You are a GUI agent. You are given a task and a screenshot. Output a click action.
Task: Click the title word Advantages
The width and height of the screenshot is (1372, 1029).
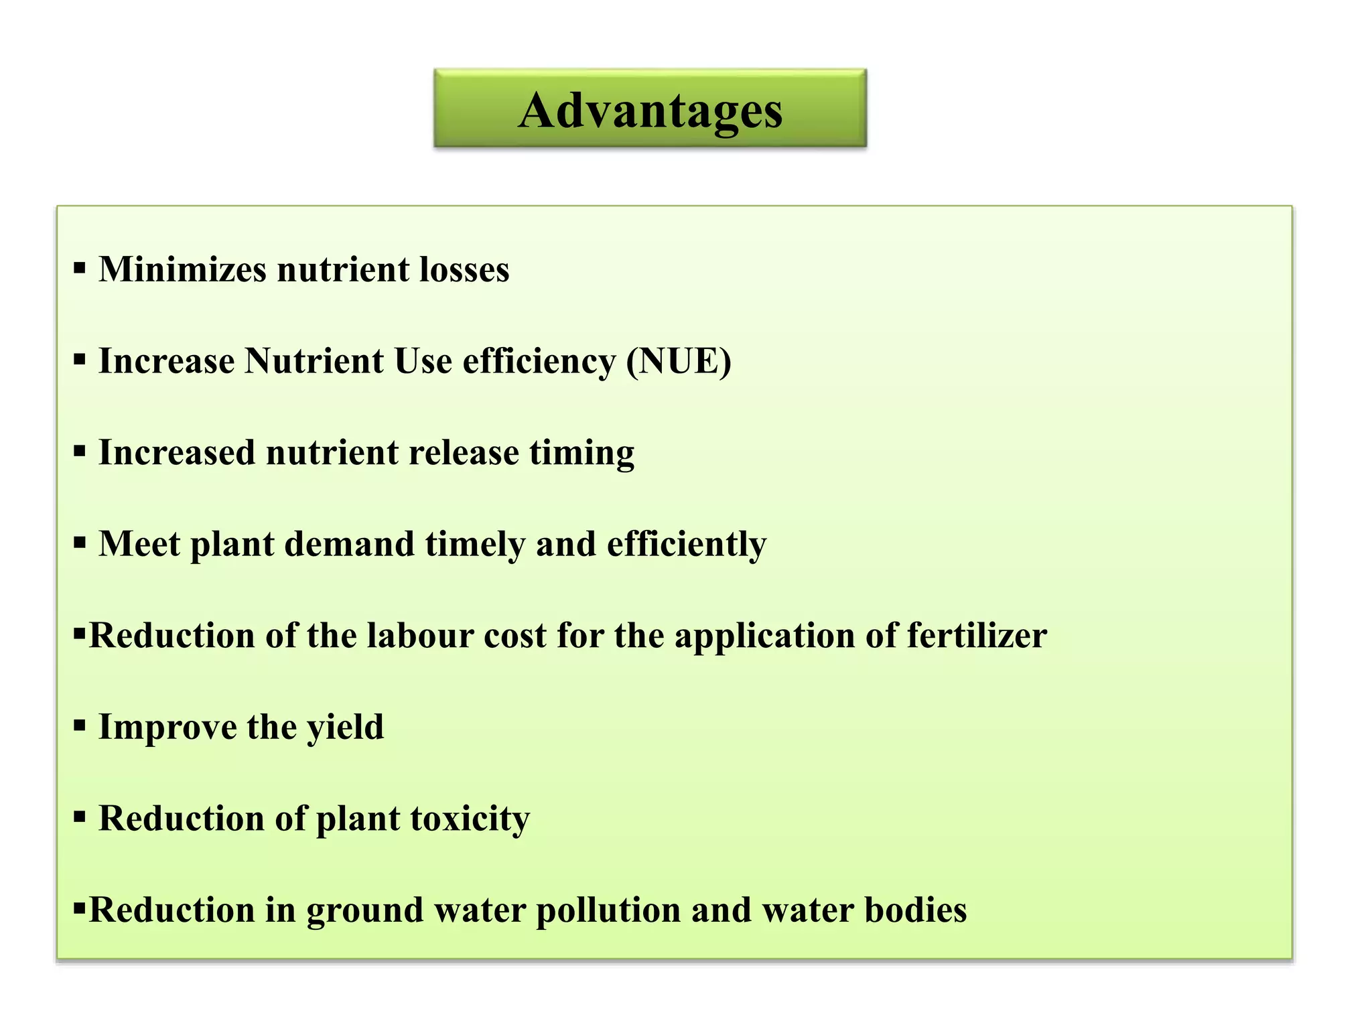(x=650, y=111)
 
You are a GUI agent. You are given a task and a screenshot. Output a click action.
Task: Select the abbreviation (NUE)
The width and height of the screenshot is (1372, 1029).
(x=679, y=361)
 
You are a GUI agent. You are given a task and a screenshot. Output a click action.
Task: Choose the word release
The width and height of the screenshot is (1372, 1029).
(x=464, y=453)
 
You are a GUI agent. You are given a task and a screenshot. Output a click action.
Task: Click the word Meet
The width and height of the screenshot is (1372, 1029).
(x=139, y=544)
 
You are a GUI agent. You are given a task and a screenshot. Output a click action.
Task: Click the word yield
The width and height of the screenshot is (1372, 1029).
(x=345, y=727)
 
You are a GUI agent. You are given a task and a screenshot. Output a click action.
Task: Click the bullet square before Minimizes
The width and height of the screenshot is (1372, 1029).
(x=80, y=269)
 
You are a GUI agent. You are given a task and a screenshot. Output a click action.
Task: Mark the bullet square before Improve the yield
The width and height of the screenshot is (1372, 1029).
(x=80, y=726)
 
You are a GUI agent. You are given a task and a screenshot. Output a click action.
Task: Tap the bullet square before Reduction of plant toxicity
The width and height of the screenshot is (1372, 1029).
(x=80, y=818)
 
